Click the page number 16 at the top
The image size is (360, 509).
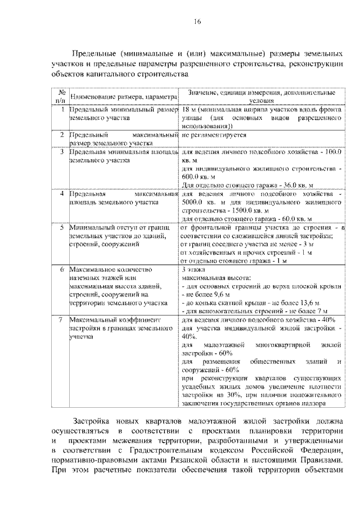(x=197, y=22)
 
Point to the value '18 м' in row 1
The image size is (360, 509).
(x=189, y=110)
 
